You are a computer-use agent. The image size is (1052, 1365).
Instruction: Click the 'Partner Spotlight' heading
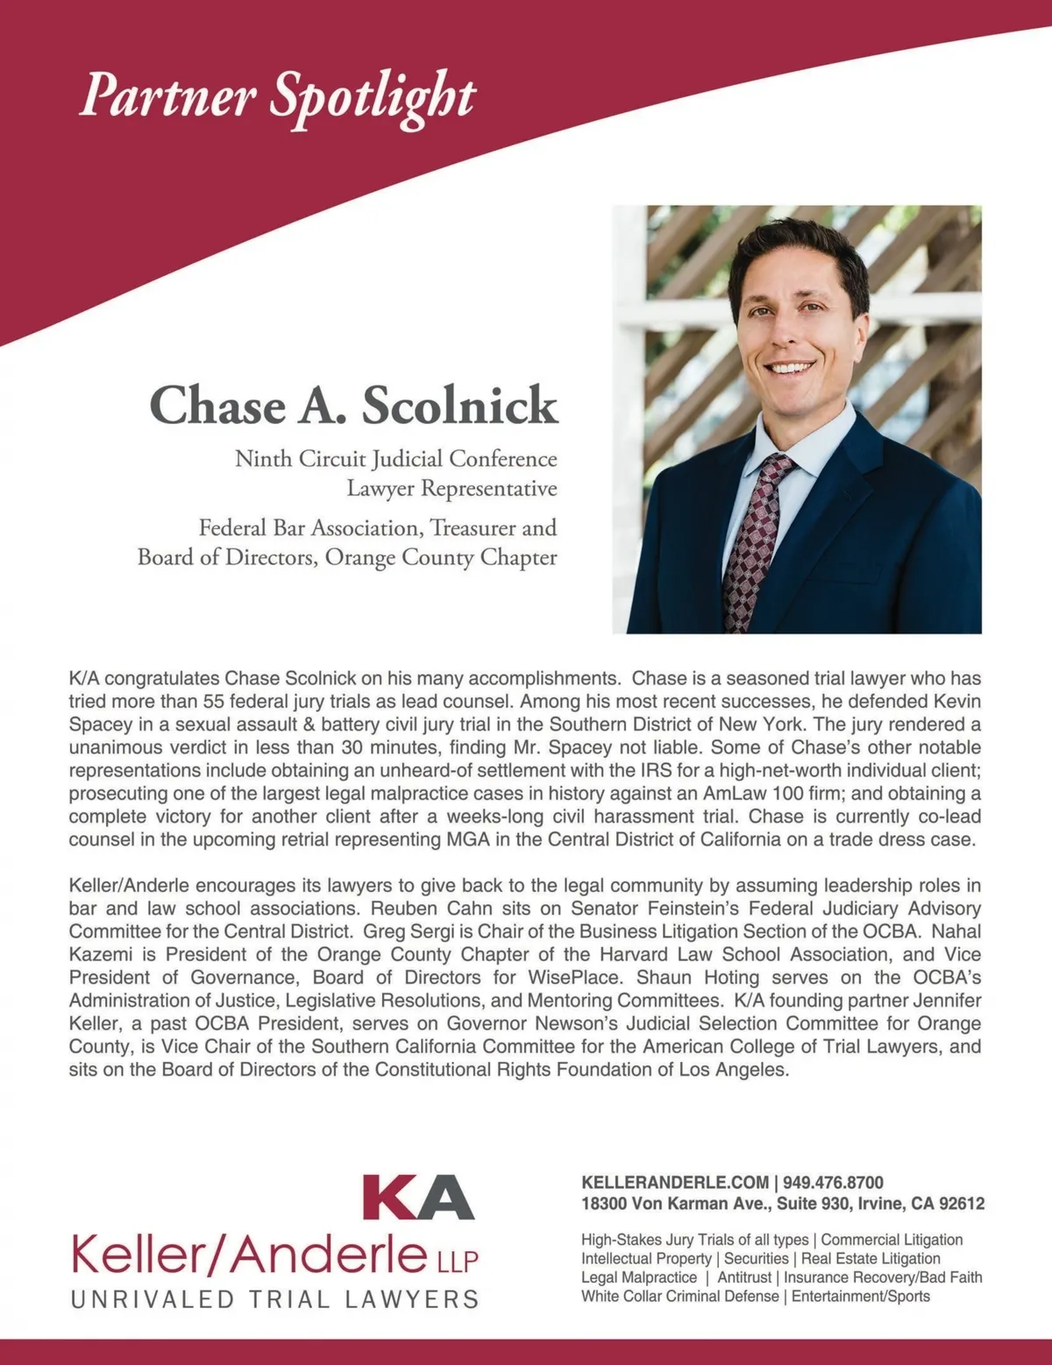[276, 96]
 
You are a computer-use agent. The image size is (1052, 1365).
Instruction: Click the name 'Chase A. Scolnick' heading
[353, 406]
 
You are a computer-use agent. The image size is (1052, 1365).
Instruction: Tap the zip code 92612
[961, 1204]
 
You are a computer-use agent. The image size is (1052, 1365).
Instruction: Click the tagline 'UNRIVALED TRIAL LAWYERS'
[274, 1298]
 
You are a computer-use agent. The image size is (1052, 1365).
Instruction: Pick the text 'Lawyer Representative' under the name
[451, 489]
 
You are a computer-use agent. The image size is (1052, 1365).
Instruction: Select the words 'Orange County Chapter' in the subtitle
[441, 558]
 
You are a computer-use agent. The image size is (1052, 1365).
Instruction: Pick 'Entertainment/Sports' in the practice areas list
[860, 1297]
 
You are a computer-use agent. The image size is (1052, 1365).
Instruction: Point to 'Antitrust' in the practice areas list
[742, 1278]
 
